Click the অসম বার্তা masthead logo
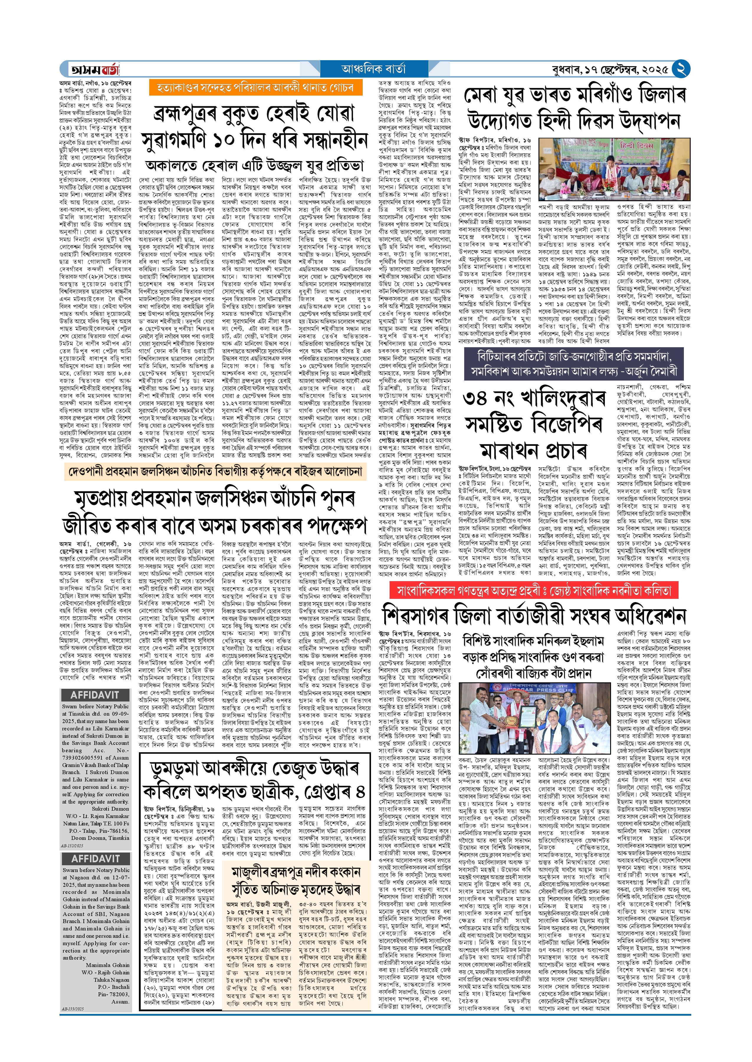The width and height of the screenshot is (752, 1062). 95,69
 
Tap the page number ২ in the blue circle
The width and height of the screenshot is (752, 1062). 681,68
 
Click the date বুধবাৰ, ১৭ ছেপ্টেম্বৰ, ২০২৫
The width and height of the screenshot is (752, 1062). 610,70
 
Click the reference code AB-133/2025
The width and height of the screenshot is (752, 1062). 73,1009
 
